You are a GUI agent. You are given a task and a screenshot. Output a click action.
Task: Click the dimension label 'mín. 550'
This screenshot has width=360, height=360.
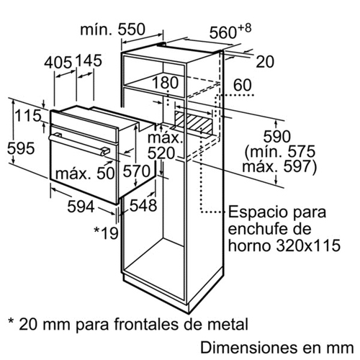112,30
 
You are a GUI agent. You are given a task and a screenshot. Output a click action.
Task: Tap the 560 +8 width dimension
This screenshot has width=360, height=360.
230,32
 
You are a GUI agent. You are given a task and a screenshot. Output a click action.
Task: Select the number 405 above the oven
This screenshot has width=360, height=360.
58,62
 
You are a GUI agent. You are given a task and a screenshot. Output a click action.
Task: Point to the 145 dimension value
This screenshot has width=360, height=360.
89,60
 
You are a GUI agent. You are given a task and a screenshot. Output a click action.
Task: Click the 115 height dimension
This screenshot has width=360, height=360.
28,115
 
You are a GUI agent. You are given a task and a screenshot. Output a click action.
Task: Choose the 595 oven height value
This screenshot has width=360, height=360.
21,148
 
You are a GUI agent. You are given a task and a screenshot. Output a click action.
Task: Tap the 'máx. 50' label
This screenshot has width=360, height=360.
85,174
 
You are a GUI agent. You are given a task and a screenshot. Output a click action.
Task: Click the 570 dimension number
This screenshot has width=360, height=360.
137,171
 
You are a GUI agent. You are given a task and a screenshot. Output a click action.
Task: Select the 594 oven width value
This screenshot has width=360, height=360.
81,207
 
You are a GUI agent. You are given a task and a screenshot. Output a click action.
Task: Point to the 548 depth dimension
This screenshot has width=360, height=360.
143,205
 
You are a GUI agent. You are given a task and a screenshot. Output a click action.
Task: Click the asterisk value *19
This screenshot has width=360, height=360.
106,233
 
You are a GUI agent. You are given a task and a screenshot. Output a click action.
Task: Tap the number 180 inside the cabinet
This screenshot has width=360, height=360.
165,82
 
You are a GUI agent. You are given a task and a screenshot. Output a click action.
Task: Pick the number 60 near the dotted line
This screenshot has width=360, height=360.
243,85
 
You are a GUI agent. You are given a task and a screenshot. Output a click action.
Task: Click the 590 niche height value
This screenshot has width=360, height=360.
277,136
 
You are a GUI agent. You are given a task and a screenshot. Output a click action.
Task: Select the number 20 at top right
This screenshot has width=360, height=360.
265,62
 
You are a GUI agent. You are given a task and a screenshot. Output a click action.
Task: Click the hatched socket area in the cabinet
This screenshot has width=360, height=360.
194,122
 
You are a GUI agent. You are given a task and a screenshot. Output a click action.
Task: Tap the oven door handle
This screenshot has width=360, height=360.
79,144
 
